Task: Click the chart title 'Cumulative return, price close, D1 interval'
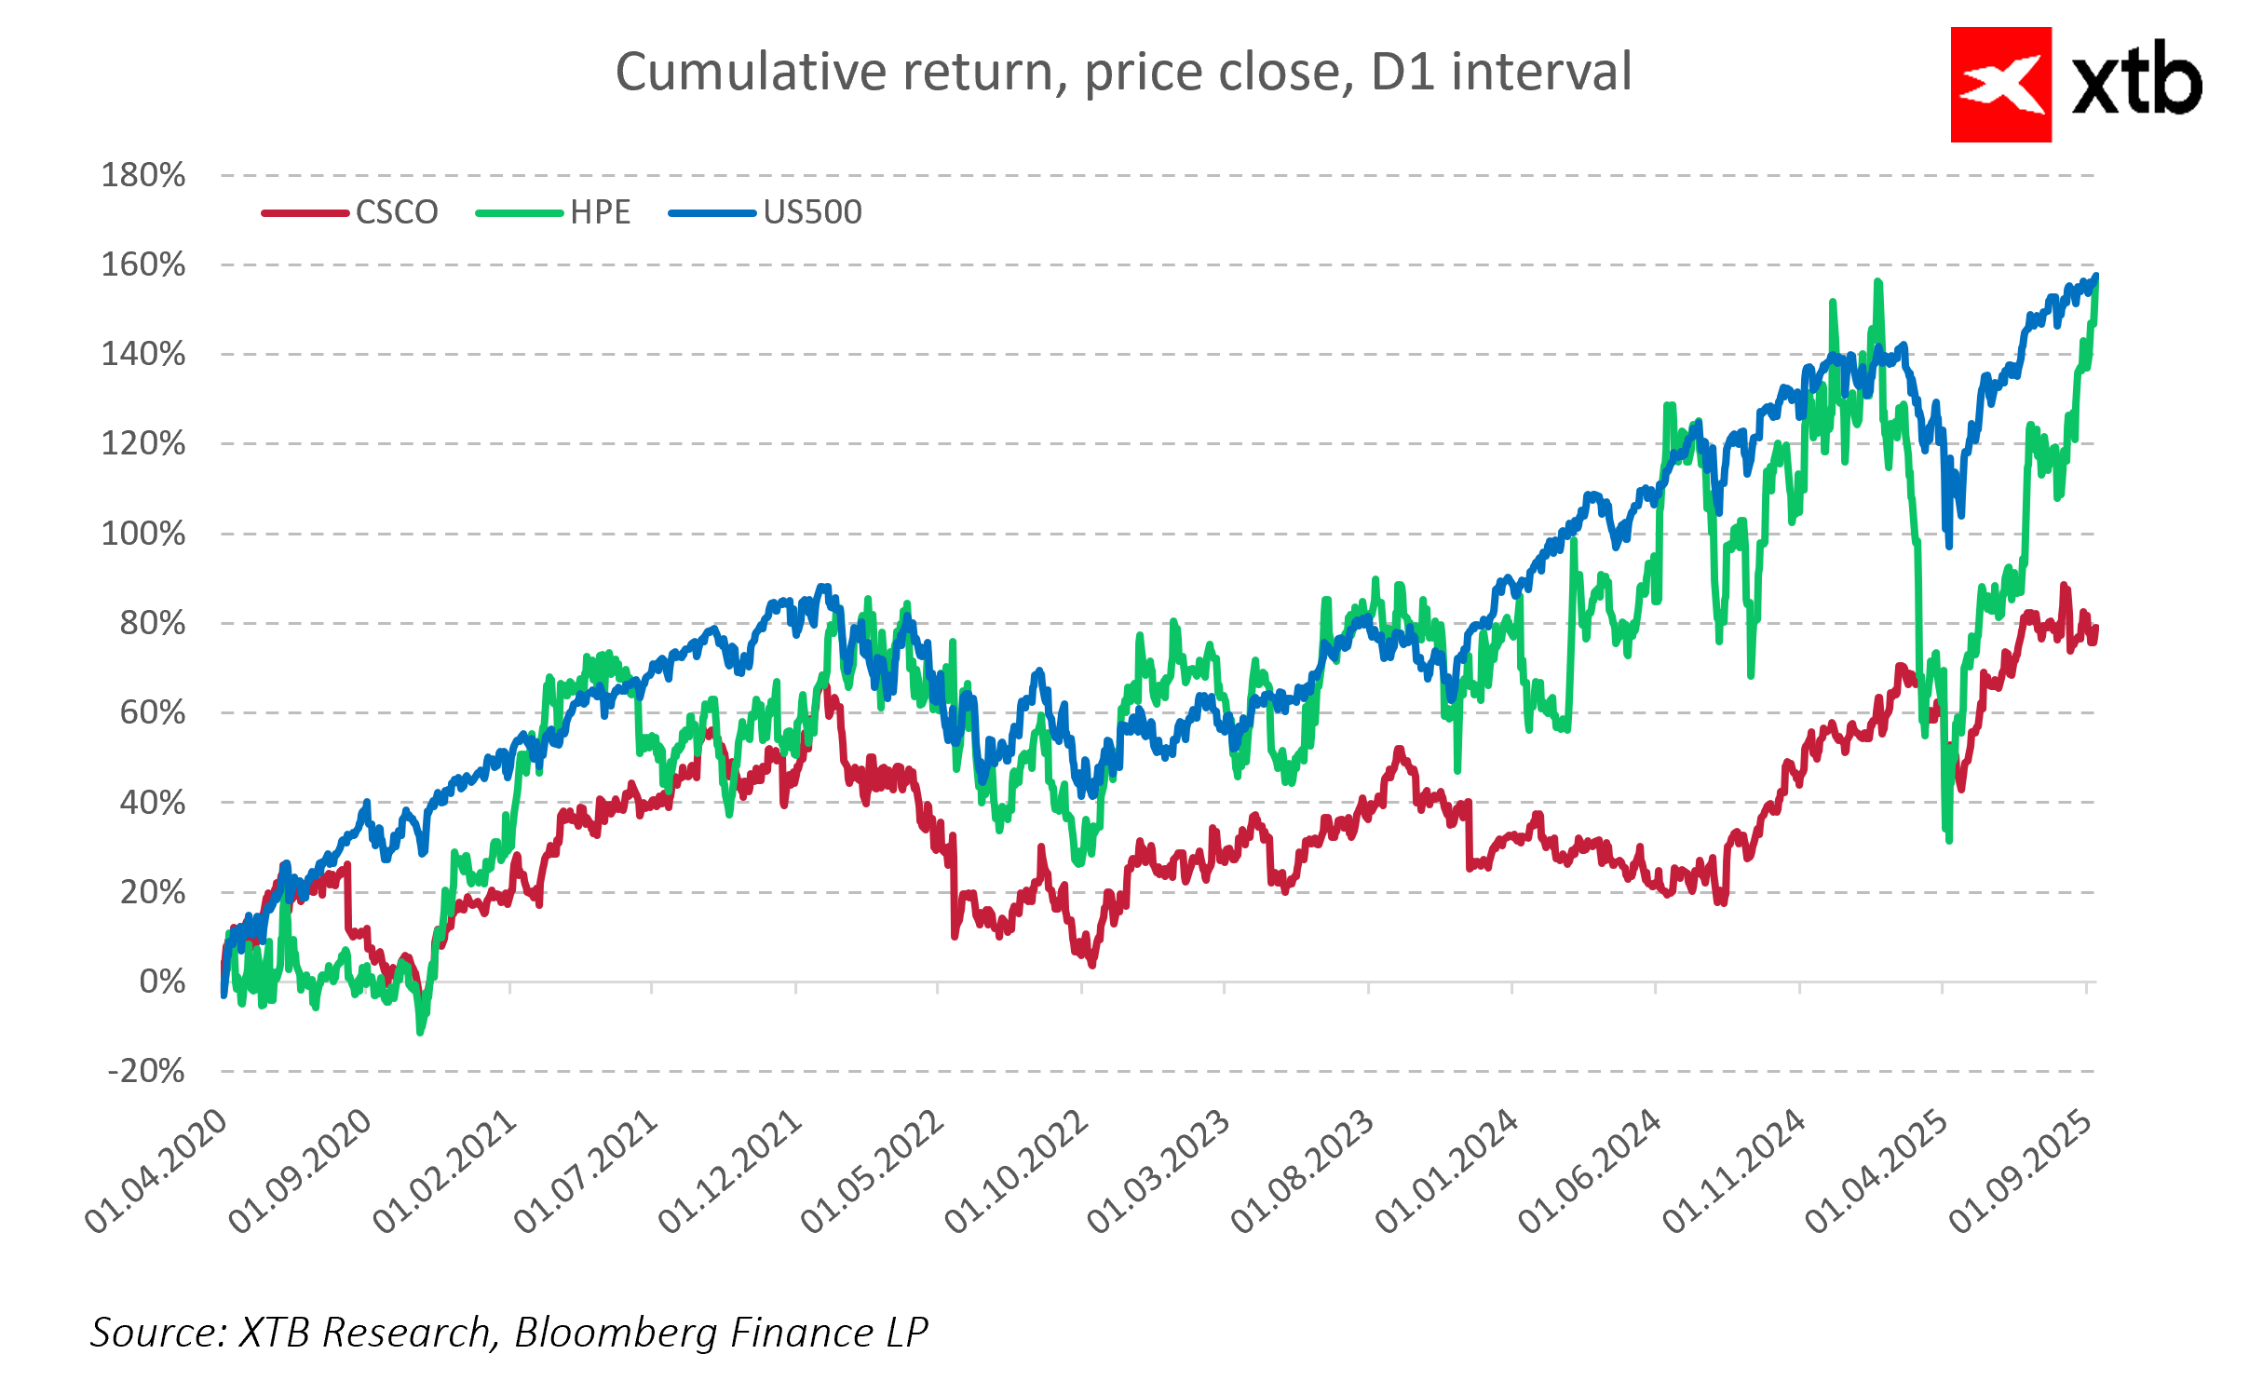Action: (1123, 72)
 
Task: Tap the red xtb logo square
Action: (2000, 85)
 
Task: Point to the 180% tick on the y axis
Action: (143, 175)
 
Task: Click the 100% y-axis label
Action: (143, 534)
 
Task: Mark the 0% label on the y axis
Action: (162, 982)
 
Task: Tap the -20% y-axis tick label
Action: (145, 1071)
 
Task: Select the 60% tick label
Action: (153, 713)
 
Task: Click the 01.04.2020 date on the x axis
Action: (156, 1172)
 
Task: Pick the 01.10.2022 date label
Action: (1017, 1172)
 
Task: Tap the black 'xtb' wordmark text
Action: (2136, 82)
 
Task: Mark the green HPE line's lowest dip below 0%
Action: (420, 1031)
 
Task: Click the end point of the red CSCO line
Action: (2095, 630)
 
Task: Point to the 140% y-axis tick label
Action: (143, 354)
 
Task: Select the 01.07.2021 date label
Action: (587, 1172)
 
